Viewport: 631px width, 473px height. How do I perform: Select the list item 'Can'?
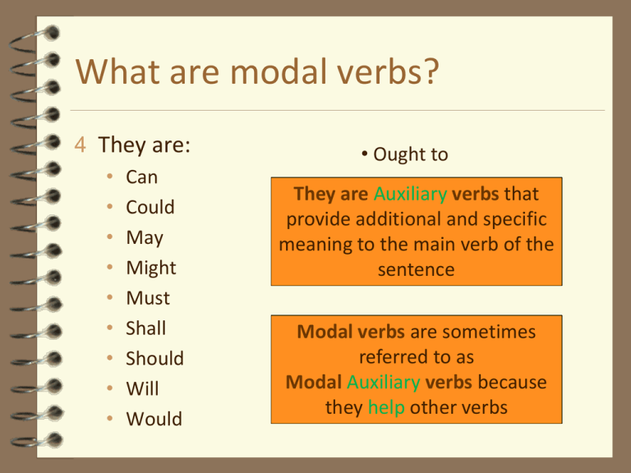(x=141, y=177)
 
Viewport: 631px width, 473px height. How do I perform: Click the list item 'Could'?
(x=150, y=208)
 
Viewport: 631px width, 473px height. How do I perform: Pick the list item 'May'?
(x=144, y=238)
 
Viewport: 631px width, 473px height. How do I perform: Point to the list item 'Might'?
(x=150, y=269)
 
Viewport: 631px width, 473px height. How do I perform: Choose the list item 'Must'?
(x=147, y=298)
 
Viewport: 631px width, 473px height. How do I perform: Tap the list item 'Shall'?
(x=145, y=328)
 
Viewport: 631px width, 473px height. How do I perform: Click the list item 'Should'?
(x=154, y=359)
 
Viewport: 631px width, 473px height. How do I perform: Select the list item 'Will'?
(x=142, y=388)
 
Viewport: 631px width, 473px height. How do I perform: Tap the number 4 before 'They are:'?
(x=80, y=146)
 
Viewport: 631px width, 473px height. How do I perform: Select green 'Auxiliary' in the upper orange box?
(x=410, y=195)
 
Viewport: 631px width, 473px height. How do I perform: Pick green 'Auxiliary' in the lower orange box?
(x=383, y=383)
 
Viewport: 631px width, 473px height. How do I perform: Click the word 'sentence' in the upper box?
(x=417, y=269)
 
